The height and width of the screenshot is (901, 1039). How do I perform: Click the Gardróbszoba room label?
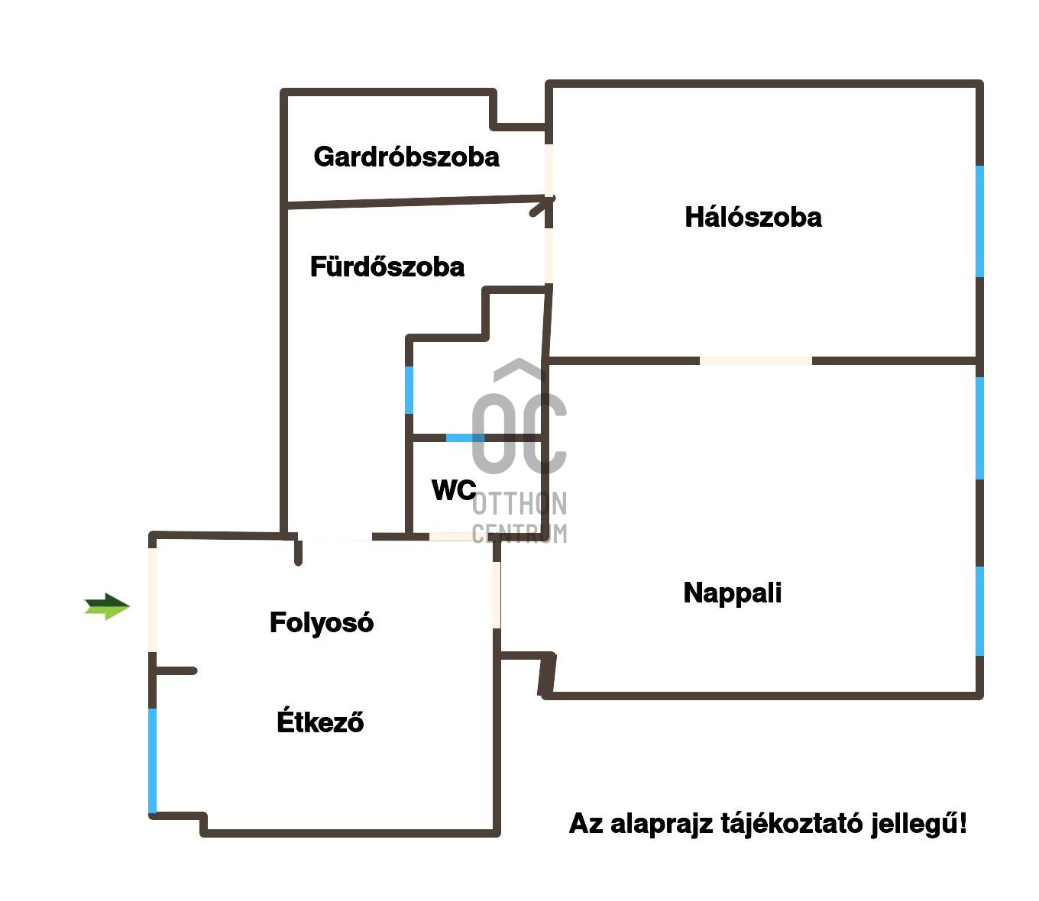point(406,157)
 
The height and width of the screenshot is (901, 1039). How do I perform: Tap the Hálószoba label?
point(753,218)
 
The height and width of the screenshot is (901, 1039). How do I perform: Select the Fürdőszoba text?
point(387,266)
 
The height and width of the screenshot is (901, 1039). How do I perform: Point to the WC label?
point(453,490)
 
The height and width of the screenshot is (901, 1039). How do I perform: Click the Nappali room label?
point(732,593)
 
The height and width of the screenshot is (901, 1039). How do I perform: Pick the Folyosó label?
point(322,623)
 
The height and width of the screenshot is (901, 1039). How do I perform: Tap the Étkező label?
point(320,722)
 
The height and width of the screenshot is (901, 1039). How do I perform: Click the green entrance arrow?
point(107,607)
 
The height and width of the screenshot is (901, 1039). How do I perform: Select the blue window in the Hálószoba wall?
point(979,221)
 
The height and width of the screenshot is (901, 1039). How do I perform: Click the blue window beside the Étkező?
point(153,761)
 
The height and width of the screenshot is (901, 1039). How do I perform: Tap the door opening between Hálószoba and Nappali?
point(756,360)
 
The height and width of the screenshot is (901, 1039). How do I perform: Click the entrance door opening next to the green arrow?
point(153,600)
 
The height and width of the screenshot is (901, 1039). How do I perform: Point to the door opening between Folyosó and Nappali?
point(497,596)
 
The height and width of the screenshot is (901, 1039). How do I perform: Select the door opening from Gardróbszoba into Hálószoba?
point(549,170)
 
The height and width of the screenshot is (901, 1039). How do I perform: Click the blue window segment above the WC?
point(464,438)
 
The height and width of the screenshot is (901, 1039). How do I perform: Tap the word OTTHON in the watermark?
point(519,504)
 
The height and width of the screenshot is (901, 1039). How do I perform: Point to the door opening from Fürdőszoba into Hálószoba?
point(549,256)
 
